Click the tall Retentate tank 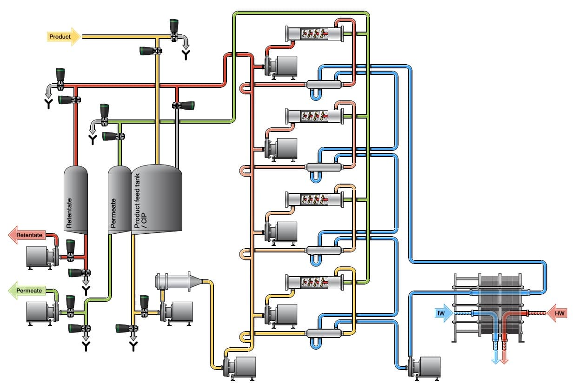click(x=75, y=200)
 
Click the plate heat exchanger click(x=488, y=307)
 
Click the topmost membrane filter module click(x=315, y=33)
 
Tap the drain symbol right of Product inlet click(x=186, y=55)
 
